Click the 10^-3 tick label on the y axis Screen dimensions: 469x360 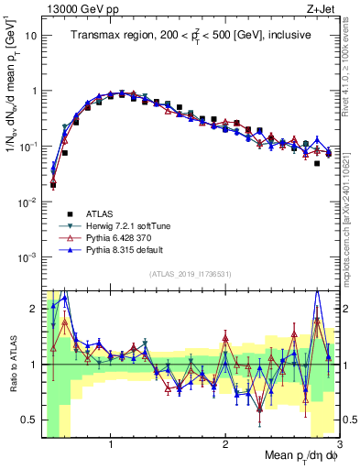click(27, 257)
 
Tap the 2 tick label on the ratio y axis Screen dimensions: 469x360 click(34, 308)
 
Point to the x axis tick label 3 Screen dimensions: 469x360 click(339, 444)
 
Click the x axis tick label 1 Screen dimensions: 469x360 click(111, 444)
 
